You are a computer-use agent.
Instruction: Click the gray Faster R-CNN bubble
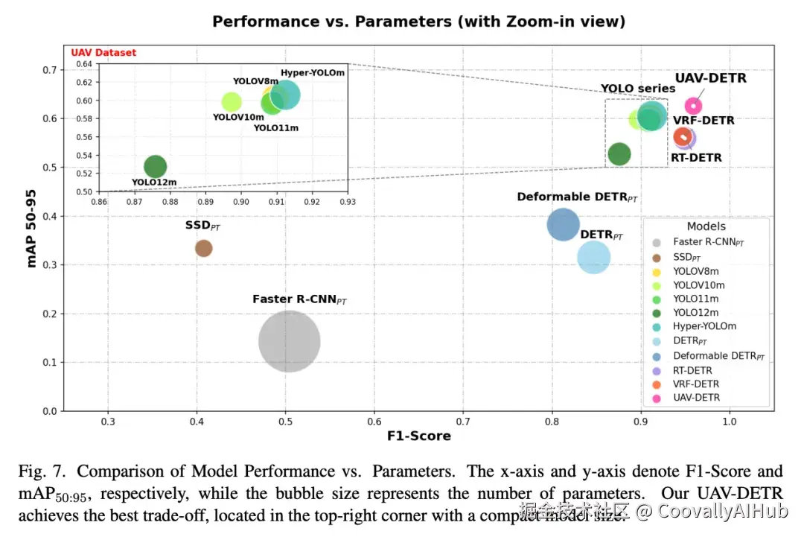tap(290, 341)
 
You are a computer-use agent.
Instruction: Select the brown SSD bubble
tap(203, 248)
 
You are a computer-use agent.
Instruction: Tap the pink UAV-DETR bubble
tap(694, 107)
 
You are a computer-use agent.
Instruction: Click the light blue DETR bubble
tap(593, 258)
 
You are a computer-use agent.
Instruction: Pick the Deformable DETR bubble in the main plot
tap(564, 224)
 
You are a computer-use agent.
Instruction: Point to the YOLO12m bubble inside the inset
tap(155, 167)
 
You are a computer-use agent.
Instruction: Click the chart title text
tap(418, 22)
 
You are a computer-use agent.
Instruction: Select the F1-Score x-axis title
tap(418, 436)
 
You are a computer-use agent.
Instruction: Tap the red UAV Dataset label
tap(103, 53)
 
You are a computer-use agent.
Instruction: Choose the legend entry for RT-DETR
tap(692, 370)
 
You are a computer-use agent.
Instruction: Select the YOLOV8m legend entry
tap(695, 271)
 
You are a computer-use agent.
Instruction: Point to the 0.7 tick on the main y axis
tap(49, 70)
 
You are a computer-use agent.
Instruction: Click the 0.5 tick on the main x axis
tap(286, 422)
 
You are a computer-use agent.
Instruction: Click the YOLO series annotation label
tap(638, 89)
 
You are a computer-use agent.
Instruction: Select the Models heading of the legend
tap(706, 226)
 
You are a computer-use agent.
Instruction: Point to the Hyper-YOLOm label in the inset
tap(313, 73)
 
